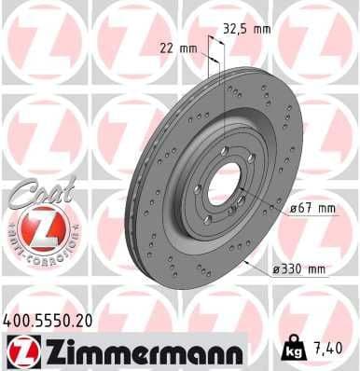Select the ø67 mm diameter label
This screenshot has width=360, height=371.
click(312, 209)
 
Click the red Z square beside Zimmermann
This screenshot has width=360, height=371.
click(18, 351)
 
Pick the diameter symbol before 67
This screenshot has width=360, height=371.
click(293, 209)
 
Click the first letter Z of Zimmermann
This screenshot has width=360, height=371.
click(46, 351)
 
